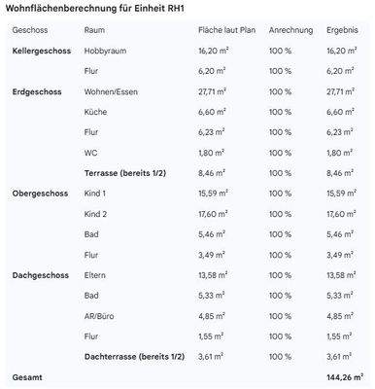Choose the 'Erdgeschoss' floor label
[37, 92]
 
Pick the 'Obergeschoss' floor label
[38, 194]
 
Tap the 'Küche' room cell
[96, 113]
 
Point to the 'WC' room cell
[92, 154]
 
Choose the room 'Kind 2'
[96, 215]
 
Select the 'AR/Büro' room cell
[101, 317]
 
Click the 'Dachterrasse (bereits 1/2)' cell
[140, 357]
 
